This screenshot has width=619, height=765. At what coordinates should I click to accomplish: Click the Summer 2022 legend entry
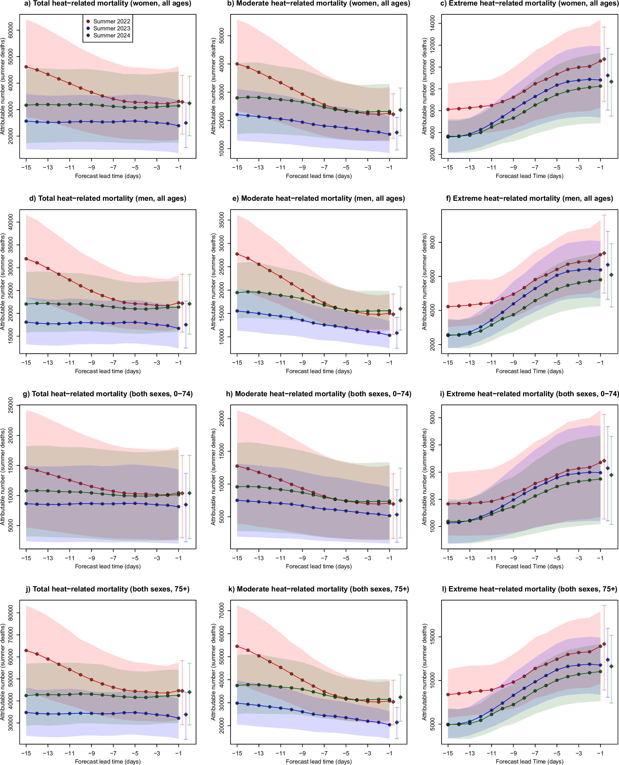pyautogui.click(x=108, y=21)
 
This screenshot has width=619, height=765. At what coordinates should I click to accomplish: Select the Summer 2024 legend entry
pyautogui.click(x=108, y=35)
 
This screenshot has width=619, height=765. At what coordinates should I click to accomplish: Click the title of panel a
pyautogui.click(x=108, y=4)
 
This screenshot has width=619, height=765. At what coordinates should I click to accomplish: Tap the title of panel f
pyautogui.click(x=529, y=198)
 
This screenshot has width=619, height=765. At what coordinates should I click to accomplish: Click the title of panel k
pyautogui.click(x=319, y=589)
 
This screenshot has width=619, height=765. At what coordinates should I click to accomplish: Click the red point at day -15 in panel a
pyautogui.click(x=26, y=67)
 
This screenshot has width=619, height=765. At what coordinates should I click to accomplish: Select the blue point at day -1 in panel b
pyautogui.click(x=390, y=134)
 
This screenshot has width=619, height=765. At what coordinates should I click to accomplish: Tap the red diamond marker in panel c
pyautogui.click(x=604, y=59)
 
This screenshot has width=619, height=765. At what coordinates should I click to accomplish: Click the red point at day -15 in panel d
pyautogui.click(x=26, y=259)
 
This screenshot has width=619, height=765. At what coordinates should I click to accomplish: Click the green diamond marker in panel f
pyautogui.click(x=611, y=275)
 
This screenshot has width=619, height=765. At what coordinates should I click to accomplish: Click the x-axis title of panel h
pyautogui.click(x=319, y=566)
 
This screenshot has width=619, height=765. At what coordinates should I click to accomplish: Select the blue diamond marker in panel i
pyautogui.click(x=608, y=468)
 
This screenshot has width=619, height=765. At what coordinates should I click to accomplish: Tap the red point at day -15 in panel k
pyautogui.click(x=237, y=646)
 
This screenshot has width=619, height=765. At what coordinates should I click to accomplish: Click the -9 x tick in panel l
pyautogui.click(x=514, y=753)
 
